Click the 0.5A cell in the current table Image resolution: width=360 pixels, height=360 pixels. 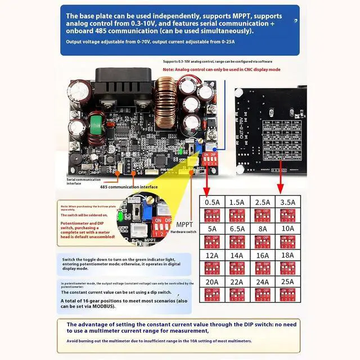coord(213,201)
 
